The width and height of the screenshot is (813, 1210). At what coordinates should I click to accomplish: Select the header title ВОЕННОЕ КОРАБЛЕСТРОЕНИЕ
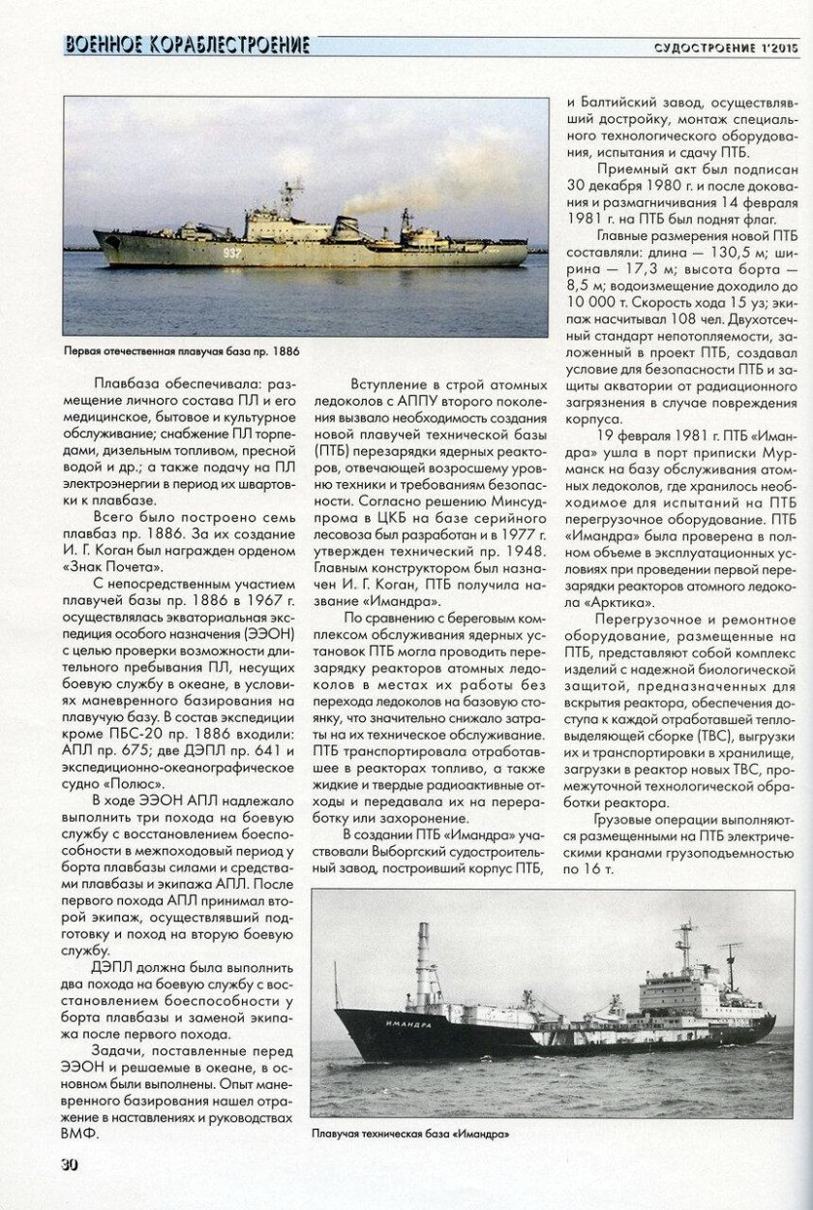[187, 45]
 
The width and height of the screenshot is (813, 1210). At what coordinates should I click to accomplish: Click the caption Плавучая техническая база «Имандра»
[409, 1133]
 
